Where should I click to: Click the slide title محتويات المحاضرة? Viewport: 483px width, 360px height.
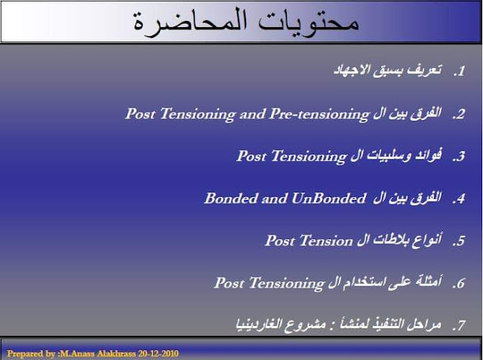[x=246, y=22]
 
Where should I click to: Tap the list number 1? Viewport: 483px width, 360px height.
[x=459, y=72]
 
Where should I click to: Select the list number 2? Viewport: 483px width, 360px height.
[x=459, y=115]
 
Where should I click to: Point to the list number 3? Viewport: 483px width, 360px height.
[x=459, y=157]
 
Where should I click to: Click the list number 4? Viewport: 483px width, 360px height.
[x=459, y=199]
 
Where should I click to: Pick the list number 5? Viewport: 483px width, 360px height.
[x=459, y=241]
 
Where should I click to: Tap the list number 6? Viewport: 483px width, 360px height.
[x=459, y=284]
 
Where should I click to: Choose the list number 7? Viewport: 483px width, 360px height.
[x=459, y=326]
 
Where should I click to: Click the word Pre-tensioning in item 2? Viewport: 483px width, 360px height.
[x=319, y=115]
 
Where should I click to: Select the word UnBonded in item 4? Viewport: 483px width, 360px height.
[x=329, y=198]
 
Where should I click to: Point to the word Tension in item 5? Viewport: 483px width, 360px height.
[x=326, y=241]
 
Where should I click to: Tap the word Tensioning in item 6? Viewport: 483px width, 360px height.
[x=287, y=284]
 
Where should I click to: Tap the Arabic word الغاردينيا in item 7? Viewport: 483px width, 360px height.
[x=259, y=325]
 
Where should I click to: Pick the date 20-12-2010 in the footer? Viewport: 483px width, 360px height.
[x=158, y=353]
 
